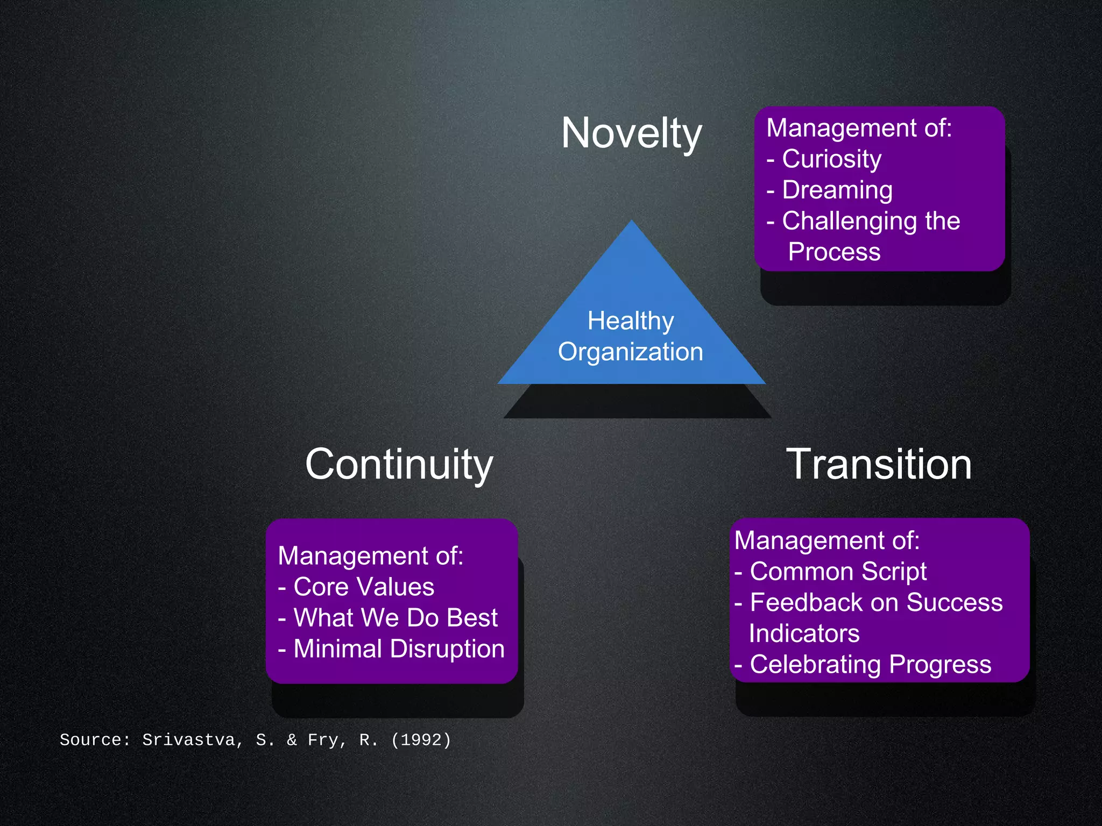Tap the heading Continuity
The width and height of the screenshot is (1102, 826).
click(x=399, y=464)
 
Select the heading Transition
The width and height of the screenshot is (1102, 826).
click(x=879, y=464)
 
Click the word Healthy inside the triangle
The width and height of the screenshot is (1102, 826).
click(x=631, y=321)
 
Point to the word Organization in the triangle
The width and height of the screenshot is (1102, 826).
click(x=631, y=352)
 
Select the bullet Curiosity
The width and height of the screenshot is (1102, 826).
click(x=831, y=159)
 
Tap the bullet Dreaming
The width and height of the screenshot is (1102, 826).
click(x=837, y=190)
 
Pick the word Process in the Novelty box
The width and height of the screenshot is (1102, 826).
click(x=834, y=252)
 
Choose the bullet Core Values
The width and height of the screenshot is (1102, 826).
click(x=364, y=587)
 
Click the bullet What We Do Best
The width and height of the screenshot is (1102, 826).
click(x=395, y=618)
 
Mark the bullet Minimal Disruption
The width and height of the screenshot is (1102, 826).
click(x=399, y=649)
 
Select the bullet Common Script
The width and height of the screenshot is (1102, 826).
click(x=838, y=571)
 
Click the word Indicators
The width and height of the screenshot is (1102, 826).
click(x=804, y=633)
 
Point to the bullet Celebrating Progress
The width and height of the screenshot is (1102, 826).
click(x=870, y=665)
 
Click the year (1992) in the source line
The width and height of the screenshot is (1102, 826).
click(x=421, y=740)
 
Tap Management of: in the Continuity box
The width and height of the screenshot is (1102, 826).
click(x=370, y=556)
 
